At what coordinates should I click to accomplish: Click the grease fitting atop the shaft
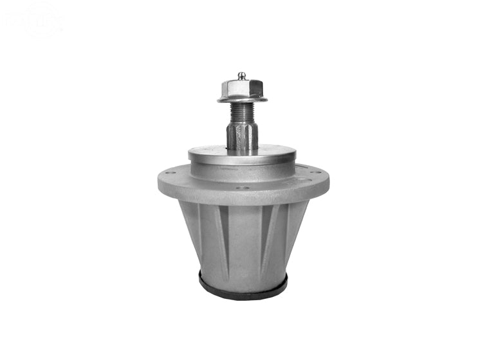(242, 76)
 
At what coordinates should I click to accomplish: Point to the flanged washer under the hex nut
(242, 98)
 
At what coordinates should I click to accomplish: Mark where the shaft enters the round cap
(242, 150)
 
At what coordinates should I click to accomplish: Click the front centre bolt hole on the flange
(242, 188)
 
